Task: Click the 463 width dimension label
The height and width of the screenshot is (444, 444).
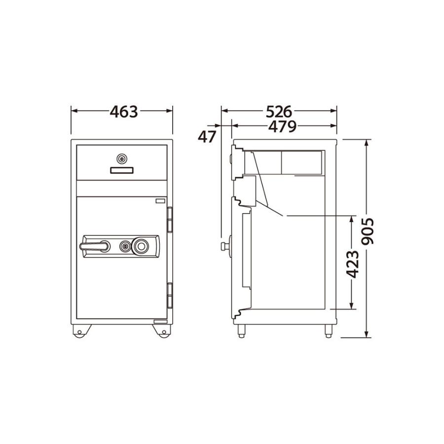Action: pos(123,111)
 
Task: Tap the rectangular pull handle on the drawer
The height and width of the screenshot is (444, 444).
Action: pos(121,170)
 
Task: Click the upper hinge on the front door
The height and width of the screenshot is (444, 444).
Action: pos(170,219)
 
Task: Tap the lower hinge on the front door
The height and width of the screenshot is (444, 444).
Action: pos(170,295)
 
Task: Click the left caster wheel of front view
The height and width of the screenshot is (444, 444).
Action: pos(79,332)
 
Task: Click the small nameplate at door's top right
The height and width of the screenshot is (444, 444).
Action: pos(160,201)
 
